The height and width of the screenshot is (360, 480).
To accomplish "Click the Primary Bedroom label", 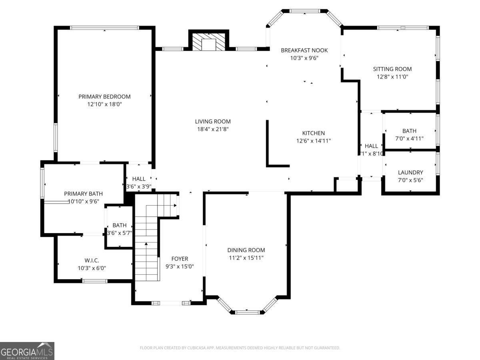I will tap(104, 96).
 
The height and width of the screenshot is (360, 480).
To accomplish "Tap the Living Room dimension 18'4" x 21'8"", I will tap(213, 129).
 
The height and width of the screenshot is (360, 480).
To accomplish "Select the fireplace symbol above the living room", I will tap(208, 42).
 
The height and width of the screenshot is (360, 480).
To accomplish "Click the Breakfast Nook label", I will tap(304, 50).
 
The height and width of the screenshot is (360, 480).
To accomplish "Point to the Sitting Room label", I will tap(392, 69).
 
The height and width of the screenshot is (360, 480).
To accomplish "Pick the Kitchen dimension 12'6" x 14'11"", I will tap(313, 141).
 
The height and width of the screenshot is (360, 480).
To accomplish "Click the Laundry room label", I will tap(410, 172).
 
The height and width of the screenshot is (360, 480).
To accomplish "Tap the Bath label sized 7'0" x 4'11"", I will tap(409, 131).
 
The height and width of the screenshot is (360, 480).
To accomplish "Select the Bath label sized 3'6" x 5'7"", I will tap(119, 225).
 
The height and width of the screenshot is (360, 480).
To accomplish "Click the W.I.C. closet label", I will tap(92, 260).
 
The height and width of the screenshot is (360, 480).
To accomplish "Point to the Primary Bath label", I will tap(81, 194).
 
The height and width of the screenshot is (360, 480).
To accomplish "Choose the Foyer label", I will tap(180, 259).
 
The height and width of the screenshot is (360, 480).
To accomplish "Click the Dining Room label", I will tap(246, 250).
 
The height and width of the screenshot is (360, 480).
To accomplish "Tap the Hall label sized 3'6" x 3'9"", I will tap(139, 179).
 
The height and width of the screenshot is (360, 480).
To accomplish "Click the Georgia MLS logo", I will tap(27, 351).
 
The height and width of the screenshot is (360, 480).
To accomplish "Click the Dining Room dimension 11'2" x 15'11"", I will tap(246, 258).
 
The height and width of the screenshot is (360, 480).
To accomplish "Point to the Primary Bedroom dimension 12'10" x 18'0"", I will tap(104, 104).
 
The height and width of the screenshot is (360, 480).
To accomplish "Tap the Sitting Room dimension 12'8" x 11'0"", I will tap(392, 76).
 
